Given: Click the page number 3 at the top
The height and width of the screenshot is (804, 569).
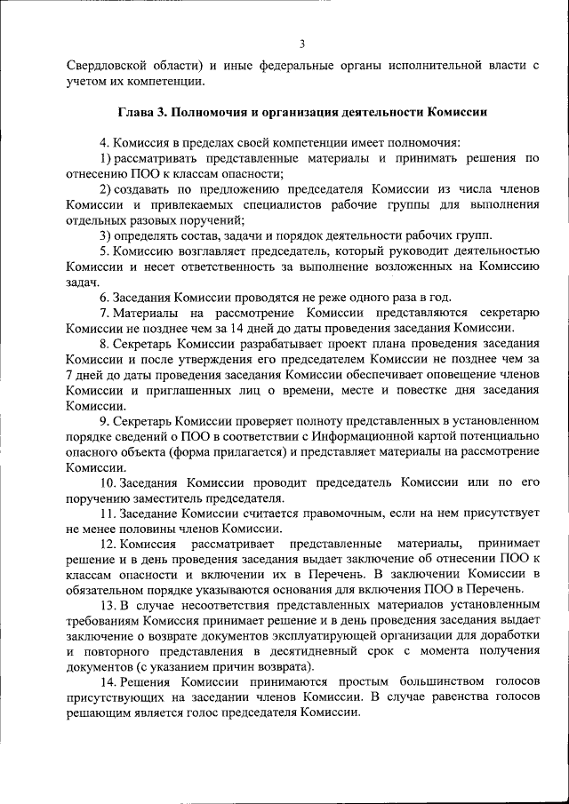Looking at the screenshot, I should [x=302, y=44].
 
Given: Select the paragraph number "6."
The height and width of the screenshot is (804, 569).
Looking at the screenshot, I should [x=105, y=297].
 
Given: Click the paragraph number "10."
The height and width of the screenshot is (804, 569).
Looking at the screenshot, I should [x=108, y=482].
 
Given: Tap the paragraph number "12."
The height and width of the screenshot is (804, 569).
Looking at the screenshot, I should [x=108, y=544].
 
